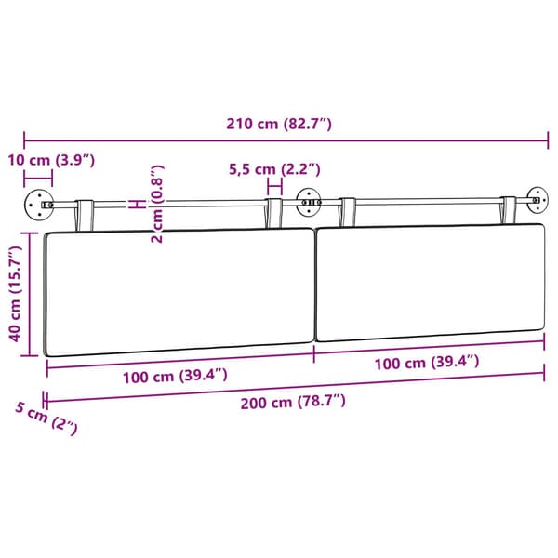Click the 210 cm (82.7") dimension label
279,124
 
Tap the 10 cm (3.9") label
51,160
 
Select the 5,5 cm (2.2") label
274,169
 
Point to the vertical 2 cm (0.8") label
157,204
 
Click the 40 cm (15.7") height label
15,294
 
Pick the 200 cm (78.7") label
293,402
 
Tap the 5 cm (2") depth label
46,418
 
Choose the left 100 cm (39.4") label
175,376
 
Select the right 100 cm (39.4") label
427,363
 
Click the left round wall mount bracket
38,205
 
